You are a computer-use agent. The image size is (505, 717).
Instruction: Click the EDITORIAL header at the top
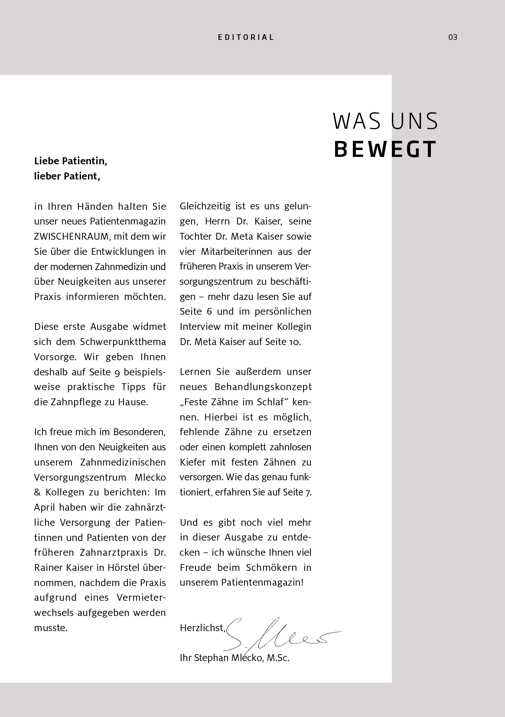246,37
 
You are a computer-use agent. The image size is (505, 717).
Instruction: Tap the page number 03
453,37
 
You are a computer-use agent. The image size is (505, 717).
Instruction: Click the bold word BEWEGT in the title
385,149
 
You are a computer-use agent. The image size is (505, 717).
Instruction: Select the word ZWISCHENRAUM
70,236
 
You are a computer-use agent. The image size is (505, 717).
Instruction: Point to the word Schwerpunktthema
123,342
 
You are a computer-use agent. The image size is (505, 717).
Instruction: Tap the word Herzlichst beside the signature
202,628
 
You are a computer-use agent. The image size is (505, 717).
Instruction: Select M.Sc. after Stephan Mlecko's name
278,658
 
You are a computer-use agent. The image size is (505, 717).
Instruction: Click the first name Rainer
49,567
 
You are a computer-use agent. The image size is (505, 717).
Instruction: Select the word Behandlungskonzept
263,387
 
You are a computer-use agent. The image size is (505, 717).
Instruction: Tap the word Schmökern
271,567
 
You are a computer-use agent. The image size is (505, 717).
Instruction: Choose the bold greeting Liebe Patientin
70,161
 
